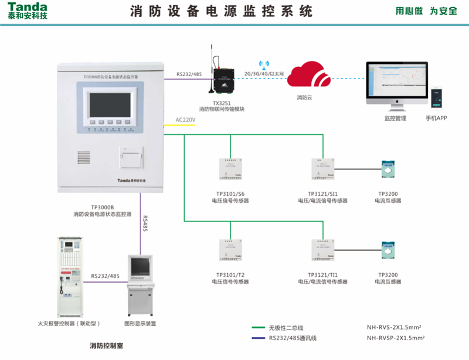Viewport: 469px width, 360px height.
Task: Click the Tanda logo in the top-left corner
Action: [x=28, y=11]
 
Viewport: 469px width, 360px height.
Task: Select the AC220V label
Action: [x=185, y=120]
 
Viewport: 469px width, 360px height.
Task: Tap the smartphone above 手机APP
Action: [x=437, y=99]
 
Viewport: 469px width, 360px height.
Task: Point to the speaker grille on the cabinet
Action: [x=84, y=158]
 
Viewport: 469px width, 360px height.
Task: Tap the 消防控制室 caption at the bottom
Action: [x=106, y=347]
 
